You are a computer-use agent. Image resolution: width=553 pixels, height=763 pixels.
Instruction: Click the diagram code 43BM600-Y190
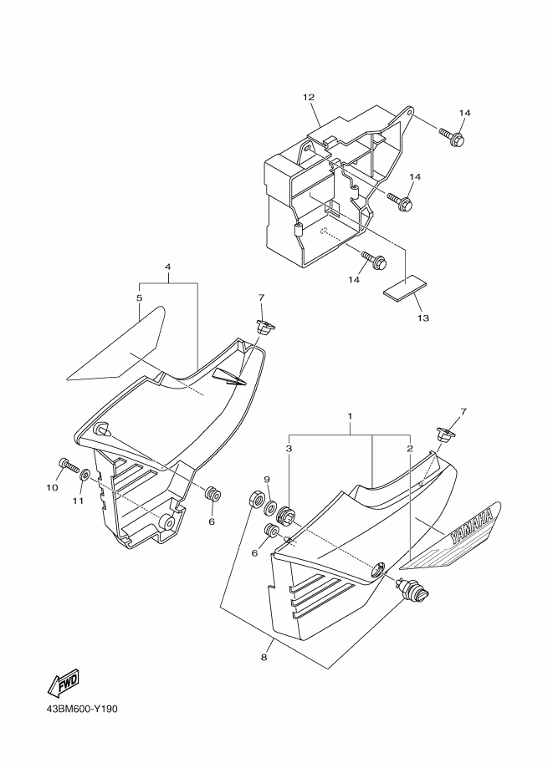(x=82, y=709)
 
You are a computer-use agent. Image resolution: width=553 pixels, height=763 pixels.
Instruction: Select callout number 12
(x=309, y=97)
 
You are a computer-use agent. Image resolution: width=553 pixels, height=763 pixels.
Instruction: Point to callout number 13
(x=423, y=318)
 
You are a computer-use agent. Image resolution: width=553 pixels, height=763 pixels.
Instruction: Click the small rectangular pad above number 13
(x=404, y=288)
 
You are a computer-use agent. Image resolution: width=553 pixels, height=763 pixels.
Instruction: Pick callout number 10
(x=52, y=487)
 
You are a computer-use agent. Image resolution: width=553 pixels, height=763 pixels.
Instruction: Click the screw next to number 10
(x=69, y=465)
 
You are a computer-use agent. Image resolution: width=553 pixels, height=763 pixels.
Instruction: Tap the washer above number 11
(x=85, y=475)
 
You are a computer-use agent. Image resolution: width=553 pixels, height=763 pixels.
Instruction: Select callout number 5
(x=140, y=298)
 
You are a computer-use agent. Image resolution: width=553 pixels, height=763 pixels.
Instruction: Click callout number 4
(x=168, y=267)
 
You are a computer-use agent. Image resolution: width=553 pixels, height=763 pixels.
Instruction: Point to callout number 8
(x=264, y=658)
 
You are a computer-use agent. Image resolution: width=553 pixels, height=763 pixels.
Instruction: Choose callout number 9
(x=267, y=480)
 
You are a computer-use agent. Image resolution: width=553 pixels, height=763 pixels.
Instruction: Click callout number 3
(x=289, y=448)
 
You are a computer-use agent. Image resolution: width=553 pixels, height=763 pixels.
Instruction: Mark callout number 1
(x=350, y=416)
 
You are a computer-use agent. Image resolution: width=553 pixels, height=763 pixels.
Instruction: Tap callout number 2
(x=410, y=448)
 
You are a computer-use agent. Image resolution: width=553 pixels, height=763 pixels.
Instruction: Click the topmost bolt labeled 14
(x=452, y=137)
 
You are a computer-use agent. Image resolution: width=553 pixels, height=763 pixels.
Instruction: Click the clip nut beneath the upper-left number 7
(x=265, y=328)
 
